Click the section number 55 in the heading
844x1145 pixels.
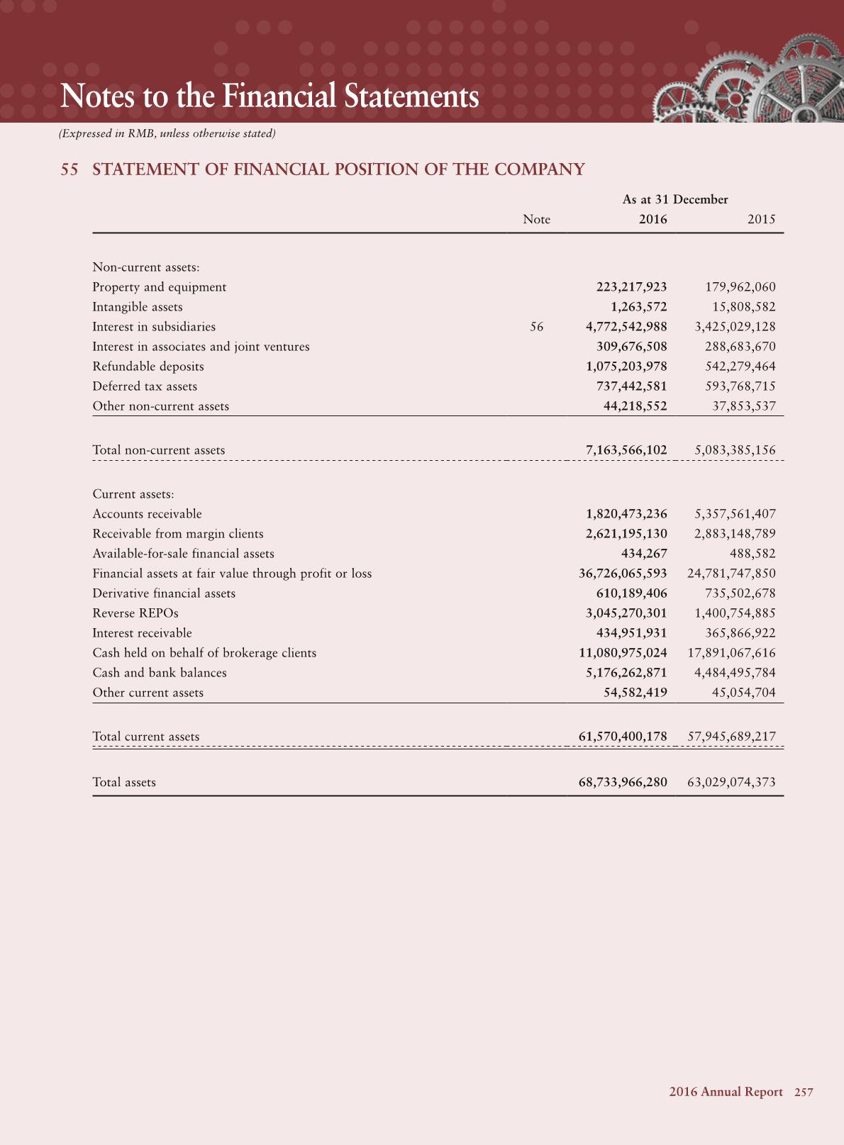[69, 169]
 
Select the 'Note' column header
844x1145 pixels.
[536, 219]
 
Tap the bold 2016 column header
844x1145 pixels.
[653, 219]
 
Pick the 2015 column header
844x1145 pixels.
[761, 219]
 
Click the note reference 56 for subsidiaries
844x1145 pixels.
[537, 327]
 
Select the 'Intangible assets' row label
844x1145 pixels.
[138, 307]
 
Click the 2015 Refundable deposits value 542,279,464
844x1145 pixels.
[740, 367]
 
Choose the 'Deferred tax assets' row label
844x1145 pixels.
[145, 386]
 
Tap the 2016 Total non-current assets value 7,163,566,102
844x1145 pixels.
[626, 450]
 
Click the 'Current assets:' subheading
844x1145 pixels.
[133, 494]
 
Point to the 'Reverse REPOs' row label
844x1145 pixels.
[135, 613]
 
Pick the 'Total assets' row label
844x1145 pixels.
[124, 782]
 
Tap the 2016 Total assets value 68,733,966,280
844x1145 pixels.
[623, 782]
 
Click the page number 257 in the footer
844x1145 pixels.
[804, 1092]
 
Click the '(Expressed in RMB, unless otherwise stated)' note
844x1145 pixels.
[167, 133]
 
